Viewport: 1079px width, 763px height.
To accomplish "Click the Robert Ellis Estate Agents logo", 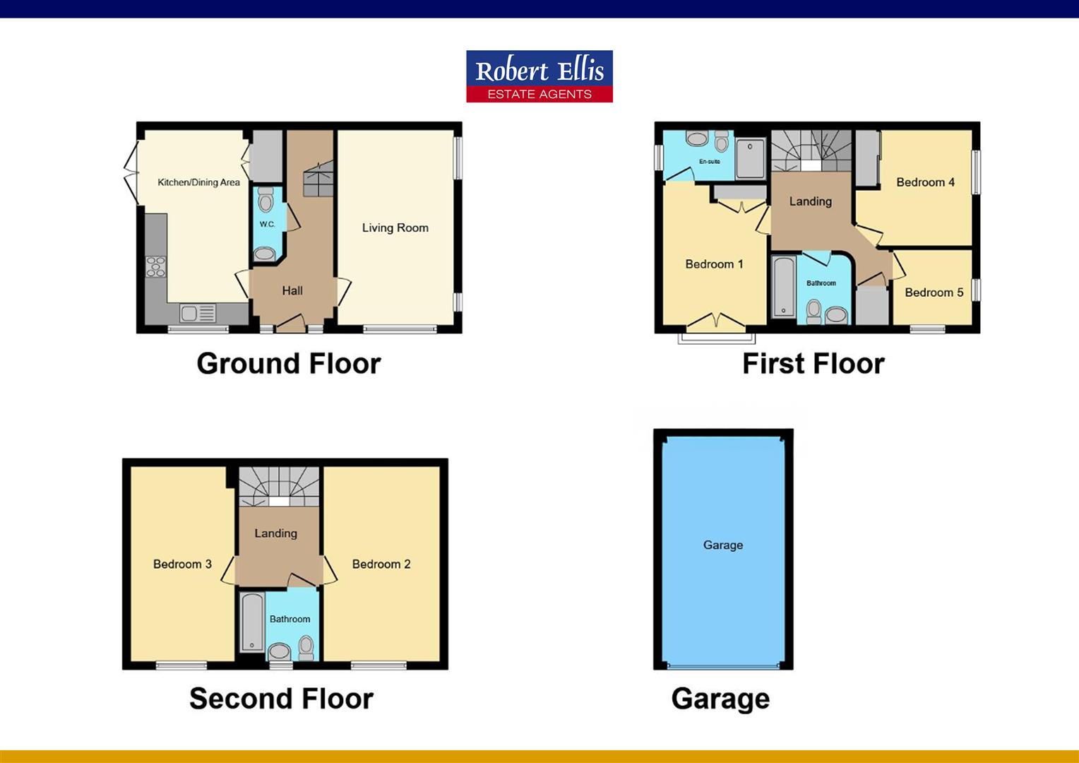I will (x=539, y=76).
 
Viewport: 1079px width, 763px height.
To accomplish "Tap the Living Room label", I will (x=395, y=227).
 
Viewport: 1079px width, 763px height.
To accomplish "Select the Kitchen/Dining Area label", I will (x=198, y=182).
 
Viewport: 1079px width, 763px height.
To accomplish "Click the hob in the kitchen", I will (x=156, y=266).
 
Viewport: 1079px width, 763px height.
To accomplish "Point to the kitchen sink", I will (x=189, y=312).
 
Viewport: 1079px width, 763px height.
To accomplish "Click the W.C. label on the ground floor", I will (x=267, y=224).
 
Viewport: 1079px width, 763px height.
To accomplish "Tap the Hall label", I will (x=292, y=290).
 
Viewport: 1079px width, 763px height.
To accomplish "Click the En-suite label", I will (x=710, y=162).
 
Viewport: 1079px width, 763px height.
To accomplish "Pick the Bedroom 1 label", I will (x=714, y=264).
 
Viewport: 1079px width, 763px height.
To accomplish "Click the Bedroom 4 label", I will (x=925, y=182).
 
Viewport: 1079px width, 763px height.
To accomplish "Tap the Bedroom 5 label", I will (x=934, y=292).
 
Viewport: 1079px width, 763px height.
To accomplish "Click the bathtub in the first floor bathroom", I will (x=783, y=287).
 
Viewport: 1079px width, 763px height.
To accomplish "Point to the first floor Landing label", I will (x=810, y=201).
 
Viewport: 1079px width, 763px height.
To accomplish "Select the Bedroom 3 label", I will (x=182, y=564).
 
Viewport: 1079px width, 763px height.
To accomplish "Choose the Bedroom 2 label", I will (x=381, y=564).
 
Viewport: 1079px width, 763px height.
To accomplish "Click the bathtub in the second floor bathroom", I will (x=251, y=622).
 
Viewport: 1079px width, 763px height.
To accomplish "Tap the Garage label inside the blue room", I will (x=723, y=545).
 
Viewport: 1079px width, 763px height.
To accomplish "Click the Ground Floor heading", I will (x=289, y=364).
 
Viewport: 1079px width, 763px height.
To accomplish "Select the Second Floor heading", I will (x=281, y=699).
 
